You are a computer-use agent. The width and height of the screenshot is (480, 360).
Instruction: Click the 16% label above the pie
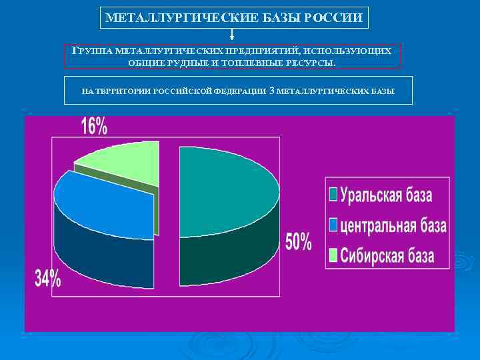94,126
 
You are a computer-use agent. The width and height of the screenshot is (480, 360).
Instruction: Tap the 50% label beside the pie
299,241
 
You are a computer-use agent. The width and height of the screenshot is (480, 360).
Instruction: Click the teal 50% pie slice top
227,190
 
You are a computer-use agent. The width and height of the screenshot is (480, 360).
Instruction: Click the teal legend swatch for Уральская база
333,195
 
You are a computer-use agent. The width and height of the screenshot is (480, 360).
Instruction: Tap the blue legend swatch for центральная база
333,225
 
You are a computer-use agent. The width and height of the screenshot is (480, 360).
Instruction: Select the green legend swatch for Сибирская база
333,255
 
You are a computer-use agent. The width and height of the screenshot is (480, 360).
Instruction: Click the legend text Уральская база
386,195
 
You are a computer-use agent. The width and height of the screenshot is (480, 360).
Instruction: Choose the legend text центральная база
393,225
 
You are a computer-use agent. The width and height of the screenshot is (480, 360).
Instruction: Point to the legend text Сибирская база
387,255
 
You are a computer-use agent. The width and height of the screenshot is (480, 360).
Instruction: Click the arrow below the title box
232,35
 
